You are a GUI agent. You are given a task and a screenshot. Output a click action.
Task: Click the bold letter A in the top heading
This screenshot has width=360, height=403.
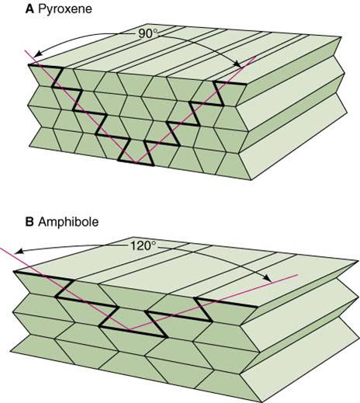click(x=29, y=9)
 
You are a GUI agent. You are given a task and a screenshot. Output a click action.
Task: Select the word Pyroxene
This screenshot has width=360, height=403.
click(x=65, y=9)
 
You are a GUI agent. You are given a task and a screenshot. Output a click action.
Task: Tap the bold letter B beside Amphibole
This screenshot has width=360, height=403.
click(x=29, y=222)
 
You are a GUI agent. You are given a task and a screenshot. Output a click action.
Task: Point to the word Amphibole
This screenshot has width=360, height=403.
click(x=68, y=222)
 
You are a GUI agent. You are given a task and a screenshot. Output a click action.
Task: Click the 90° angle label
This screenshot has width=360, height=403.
click(x=147, y=34)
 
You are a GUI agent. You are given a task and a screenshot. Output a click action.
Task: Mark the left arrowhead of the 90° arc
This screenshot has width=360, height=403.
click(x=37, y=54)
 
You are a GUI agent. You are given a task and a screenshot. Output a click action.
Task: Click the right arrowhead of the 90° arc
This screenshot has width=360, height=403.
click(x=238, y=64)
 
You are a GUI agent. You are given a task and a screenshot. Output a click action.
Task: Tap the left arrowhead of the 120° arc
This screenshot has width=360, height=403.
click(x=18, y=252)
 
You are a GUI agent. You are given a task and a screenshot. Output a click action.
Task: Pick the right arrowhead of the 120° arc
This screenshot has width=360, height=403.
click(x=268, y=279)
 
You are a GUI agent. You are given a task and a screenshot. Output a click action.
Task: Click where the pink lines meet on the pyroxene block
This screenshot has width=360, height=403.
click(x=135, y=163)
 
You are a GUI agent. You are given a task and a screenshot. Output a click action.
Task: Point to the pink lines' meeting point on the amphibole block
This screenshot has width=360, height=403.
click(x=130, y=329)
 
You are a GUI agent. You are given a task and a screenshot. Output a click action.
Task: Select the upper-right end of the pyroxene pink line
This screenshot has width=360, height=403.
click(x=256, y=56)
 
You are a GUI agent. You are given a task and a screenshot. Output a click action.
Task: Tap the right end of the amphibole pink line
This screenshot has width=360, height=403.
click(x=298, y=275)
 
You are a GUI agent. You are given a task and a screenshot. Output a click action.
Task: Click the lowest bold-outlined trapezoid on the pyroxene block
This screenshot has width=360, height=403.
click(x=136, y=152)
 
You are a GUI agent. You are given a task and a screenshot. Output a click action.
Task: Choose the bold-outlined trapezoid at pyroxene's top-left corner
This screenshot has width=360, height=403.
click(x=46, y=76)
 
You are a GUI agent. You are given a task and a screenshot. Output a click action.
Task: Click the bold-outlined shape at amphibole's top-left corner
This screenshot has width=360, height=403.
click(x=43, y=284)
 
